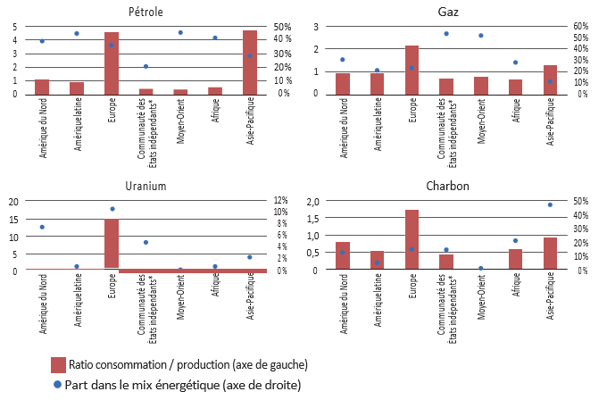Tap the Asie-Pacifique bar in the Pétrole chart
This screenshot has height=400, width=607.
250,62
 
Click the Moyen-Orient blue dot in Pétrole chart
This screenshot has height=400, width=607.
180,32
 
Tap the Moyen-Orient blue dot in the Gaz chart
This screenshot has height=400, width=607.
481,36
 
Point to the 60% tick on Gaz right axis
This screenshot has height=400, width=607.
581,26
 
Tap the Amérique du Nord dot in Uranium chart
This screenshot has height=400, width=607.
42,227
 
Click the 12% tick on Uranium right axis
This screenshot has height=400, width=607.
280,201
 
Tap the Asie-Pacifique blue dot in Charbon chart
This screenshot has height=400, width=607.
551,204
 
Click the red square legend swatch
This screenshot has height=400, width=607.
59,364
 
